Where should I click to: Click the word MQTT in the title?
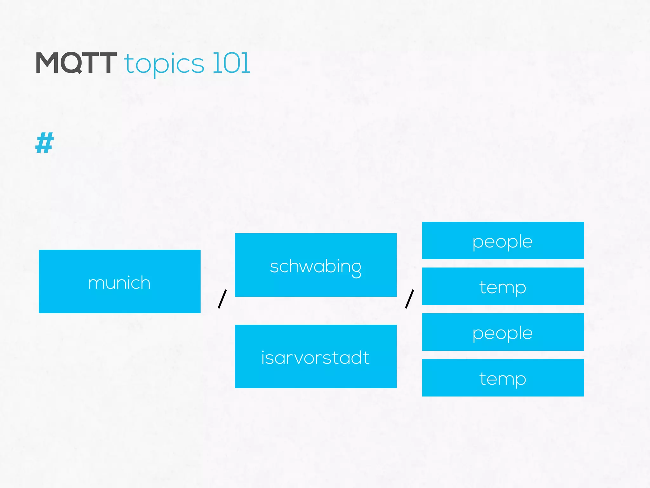[x=76, y=63]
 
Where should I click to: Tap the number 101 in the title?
[x=231, y=63]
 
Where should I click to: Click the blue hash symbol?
[x=44, y=143]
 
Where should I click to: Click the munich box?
[x=119, y=281]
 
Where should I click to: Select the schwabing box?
[x=315, y=265]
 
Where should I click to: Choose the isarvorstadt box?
[x=315, y=356]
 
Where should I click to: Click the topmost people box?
[x=503, y=241]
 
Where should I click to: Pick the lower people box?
[x=503, y=332]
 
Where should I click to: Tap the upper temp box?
[x=503, y=286]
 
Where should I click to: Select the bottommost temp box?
[x=503, y=378]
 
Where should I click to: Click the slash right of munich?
[x=222, y=299]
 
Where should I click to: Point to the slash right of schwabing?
[x=409, y=299]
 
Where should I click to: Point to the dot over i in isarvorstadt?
[x=263, y=350]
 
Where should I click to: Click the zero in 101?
[x=231, y=63]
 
